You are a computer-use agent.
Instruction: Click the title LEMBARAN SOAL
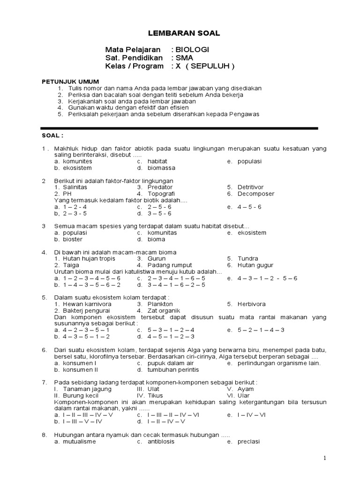tap(177, 33)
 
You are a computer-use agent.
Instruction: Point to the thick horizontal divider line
tap(180, 128)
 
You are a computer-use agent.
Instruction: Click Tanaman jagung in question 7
tap(83, 389)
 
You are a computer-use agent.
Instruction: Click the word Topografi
tap(157, 194)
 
